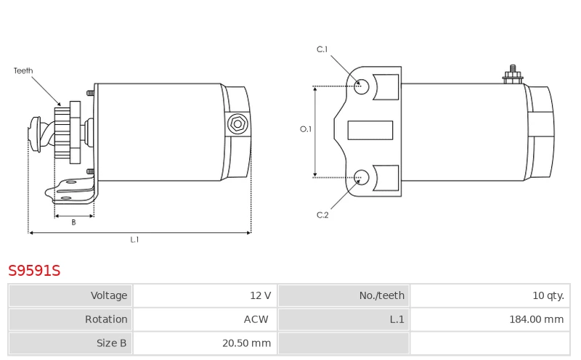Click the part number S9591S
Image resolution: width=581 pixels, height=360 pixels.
(x=34, y=271)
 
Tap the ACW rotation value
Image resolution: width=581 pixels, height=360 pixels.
(x=256, y=319)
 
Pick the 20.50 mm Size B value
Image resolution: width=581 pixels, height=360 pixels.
(x=246, y=343)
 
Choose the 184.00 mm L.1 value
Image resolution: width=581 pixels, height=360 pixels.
(x=536, y=319)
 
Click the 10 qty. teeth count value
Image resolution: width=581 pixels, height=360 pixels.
(x=548, y=295)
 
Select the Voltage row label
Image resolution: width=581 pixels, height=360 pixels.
(x=109, y=295)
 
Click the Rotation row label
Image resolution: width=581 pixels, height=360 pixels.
(x=106, y=319)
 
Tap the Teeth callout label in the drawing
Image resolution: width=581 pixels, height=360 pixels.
(x=23, y=70)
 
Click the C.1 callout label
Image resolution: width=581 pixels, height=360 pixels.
(x=322, y=49)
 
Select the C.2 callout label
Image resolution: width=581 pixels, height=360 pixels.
(x=322, y=215)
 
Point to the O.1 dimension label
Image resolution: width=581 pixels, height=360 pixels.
(x=306, y=129)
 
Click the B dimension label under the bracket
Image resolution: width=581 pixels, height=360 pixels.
(x=74, y=222)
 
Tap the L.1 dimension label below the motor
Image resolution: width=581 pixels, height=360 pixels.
(x=134, y=240)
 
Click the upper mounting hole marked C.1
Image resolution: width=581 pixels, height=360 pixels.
(x=361, y=86)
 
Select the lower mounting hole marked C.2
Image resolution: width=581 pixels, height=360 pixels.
(x=361, y=177)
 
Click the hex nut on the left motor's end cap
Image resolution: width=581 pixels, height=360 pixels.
(x=237, y=124)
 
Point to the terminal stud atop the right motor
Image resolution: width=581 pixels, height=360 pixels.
(x=513, y=75)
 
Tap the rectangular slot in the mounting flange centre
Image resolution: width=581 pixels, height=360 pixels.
(x=370, y=131)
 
